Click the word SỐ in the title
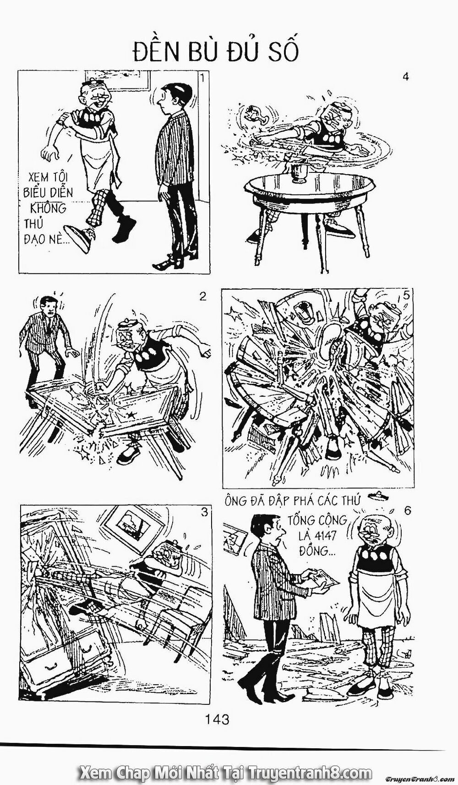click(x=279, y=52)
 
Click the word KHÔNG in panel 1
click(x=48, y=208)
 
